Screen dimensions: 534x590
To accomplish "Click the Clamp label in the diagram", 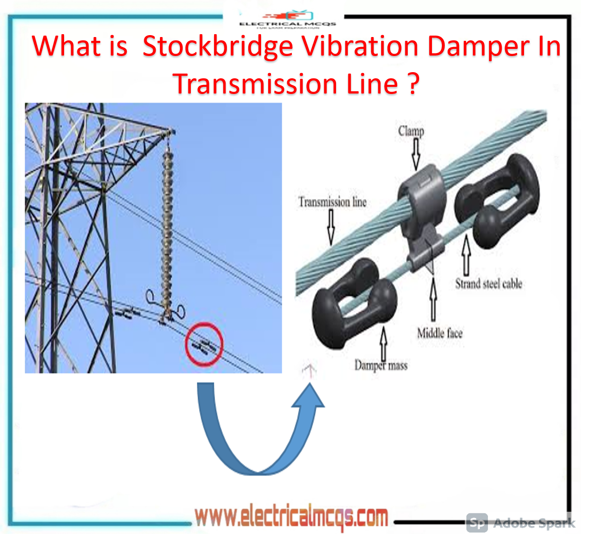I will [411, 131].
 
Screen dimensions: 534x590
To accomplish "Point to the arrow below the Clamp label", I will [416, 155].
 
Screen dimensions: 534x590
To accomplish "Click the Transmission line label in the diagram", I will [332, 202].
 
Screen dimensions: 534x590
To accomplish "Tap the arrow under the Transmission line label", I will [331, 227].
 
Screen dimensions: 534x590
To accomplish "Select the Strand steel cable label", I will [488, 284].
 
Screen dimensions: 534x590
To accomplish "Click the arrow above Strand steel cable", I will [466, 254].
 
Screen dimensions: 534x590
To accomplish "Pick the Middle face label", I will [440, 333].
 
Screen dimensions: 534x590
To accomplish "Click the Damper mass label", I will [381, 365].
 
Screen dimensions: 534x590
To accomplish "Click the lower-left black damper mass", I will [351, 304].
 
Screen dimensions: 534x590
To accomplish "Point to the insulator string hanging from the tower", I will [167, 228].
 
